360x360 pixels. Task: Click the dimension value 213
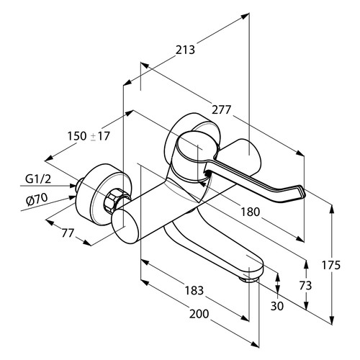click(x=185, y=50)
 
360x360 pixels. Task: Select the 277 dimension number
click(x=221, y=109)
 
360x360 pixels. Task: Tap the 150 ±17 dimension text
click(x=89, y=136)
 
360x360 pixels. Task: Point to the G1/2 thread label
click(x=38, y=179)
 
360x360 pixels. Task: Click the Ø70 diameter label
click(x=37, y=199)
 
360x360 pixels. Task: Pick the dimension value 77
click(x=68, y=233)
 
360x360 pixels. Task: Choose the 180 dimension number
click(x=250, y=212)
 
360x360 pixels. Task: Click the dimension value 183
click(x=194, y=290)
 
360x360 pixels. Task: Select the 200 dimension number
click(x=199, y=314)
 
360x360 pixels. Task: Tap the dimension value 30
click(x=277, y=306)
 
